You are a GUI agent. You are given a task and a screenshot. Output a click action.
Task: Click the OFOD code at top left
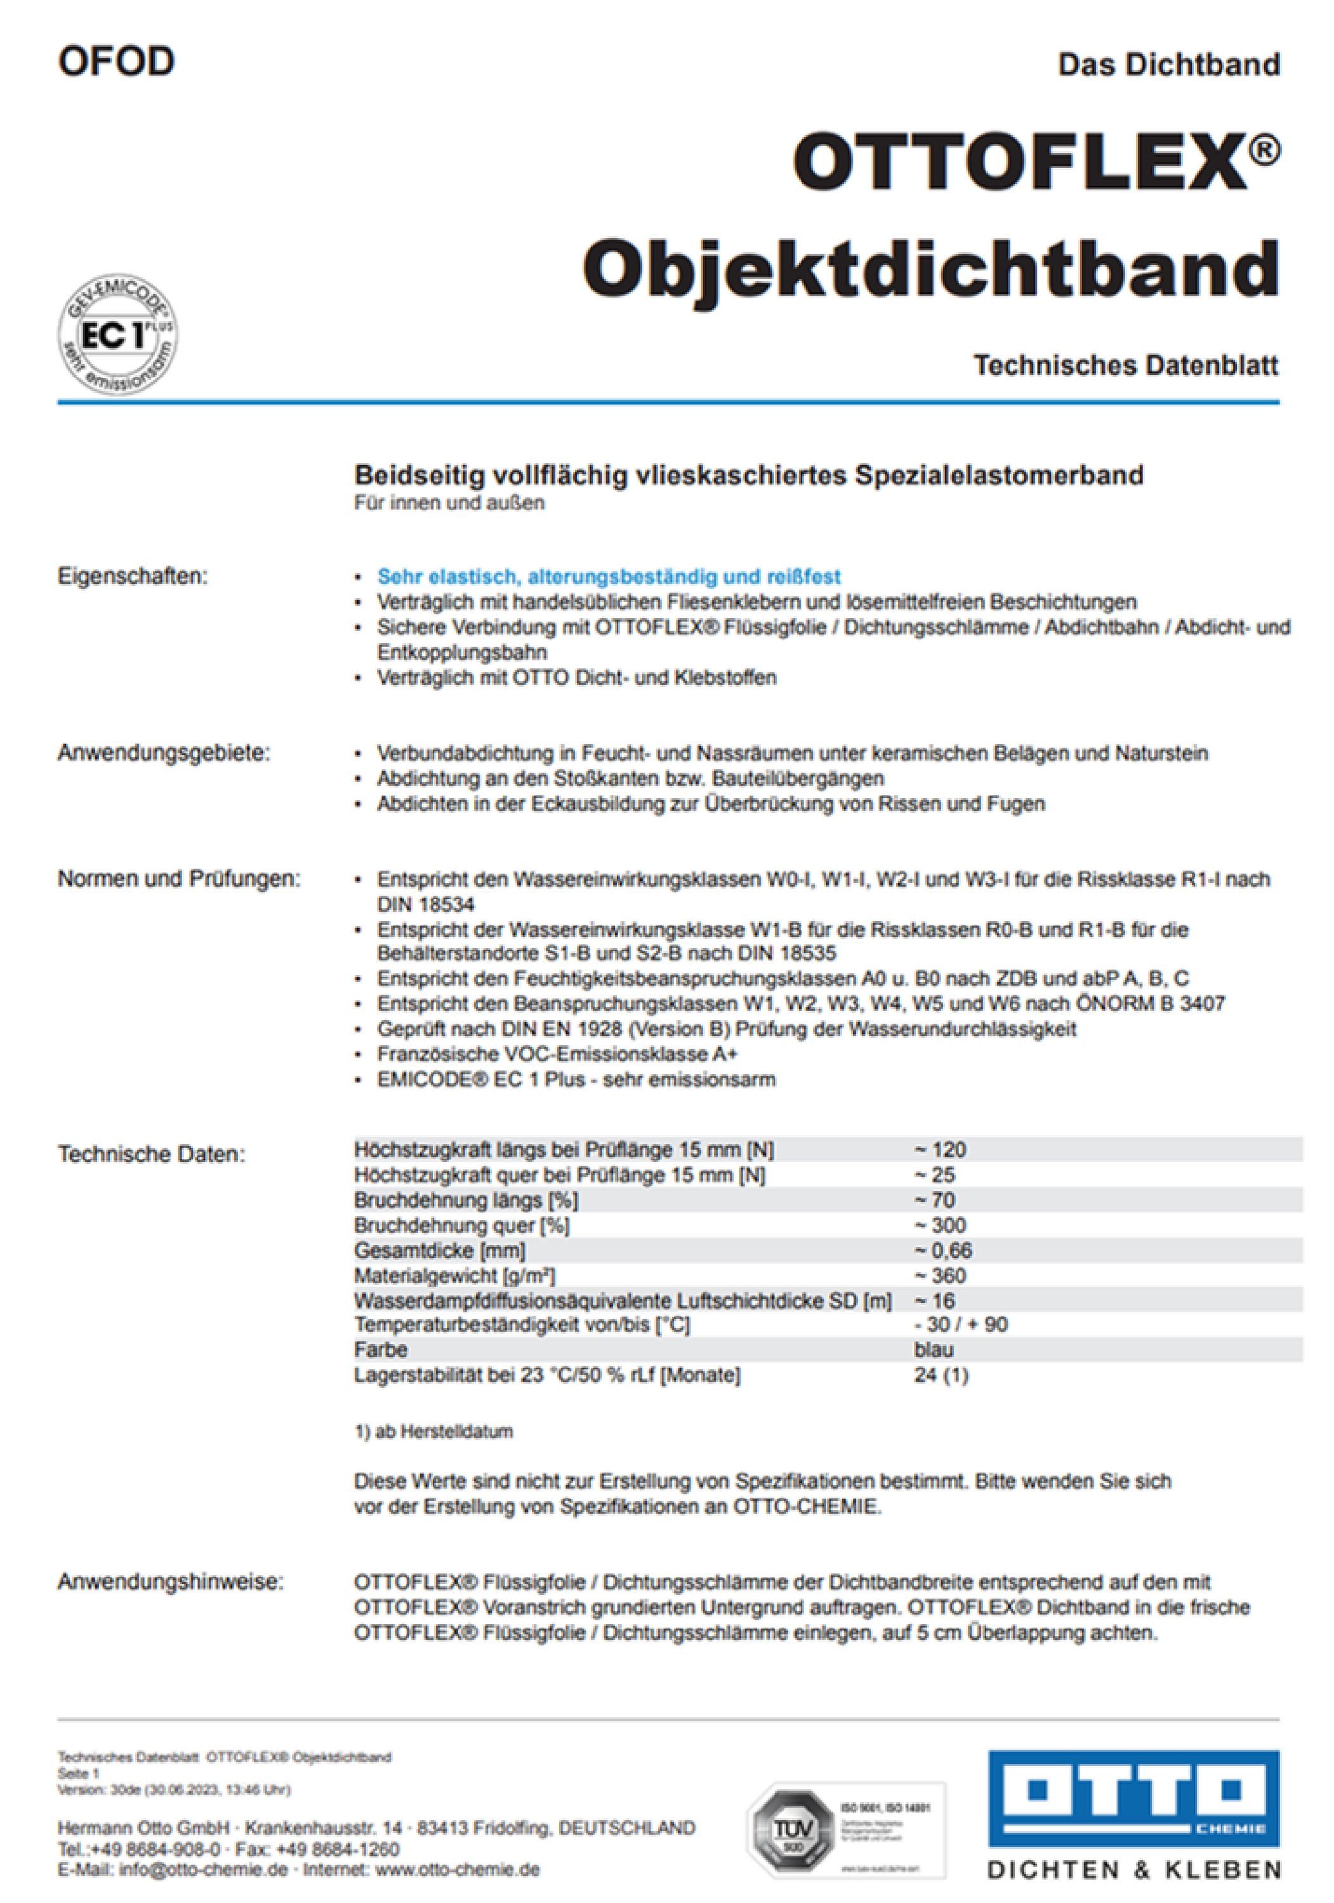tap(116, 62)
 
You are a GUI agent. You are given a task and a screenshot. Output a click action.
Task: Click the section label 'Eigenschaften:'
tap(132, 576)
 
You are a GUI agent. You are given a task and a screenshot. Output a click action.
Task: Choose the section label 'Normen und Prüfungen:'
tap(178, 879)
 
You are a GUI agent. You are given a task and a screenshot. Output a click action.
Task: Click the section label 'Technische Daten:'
tap(151, 1154)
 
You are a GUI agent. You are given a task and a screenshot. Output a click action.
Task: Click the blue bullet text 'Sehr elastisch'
tap(609, 576)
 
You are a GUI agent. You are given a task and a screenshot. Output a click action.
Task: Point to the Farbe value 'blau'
tap(933, 1350)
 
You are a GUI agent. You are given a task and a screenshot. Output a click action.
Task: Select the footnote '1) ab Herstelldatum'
tap(433, 1432)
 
